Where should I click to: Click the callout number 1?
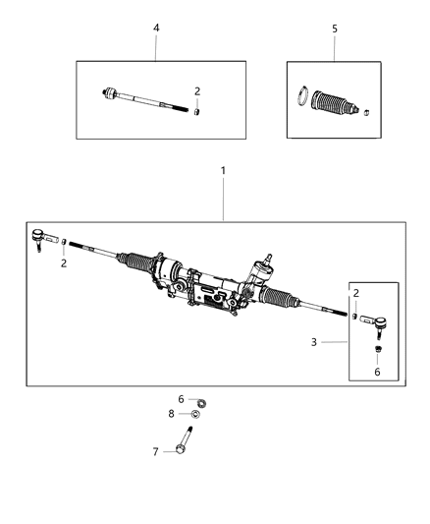coord(223,171)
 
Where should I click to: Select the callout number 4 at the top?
coord(156,29)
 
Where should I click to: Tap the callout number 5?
coord(334,29)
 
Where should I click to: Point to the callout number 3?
coord(314,342)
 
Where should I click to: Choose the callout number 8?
coord(171,414)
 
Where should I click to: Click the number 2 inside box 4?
coord(197,91)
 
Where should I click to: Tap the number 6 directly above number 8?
coord(181,398)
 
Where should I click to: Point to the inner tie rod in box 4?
coord(142,99)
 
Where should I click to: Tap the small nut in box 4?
coord(197,110)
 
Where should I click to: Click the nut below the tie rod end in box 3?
coord(377,348)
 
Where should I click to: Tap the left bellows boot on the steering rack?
coord(135,266)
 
